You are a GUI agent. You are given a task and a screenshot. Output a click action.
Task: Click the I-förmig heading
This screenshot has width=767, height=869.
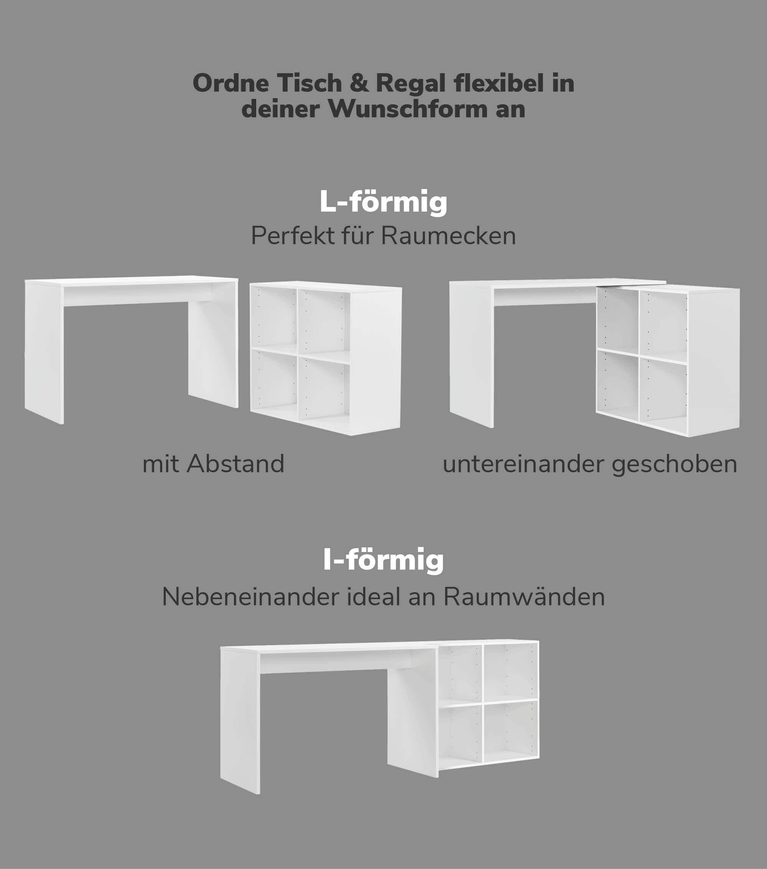point(383,560)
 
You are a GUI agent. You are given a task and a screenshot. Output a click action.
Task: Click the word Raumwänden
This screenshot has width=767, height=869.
point(524,597)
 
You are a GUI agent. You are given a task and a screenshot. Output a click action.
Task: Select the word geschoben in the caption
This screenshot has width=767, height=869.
point(674,464)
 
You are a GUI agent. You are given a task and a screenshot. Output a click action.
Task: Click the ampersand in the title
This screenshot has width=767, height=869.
point(359,83)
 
